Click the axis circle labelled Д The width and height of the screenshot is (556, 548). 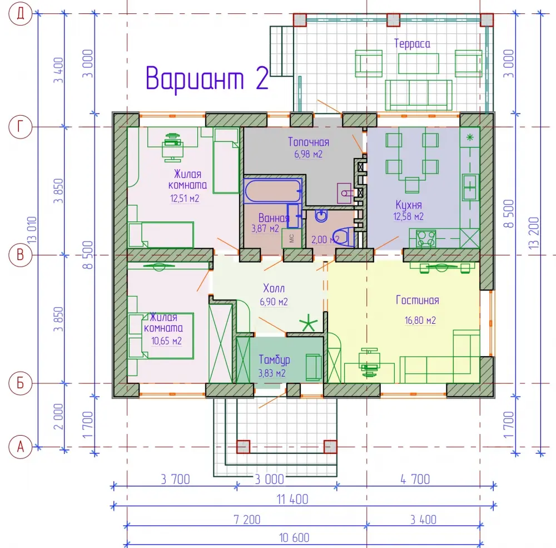coord(20,14)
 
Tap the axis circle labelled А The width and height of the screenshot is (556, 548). coord(20,447)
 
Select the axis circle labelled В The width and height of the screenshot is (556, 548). coord(20,255)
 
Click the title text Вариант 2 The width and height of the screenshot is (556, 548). coord(207,78)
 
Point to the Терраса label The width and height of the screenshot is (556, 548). coord(412,43)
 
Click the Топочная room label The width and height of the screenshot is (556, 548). coord(309,142)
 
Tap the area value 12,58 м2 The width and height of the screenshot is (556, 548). coord(409,216)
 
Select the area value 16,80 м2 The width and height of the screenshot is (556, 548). coord(420,320)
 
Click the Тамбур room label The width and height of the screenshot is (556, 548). coord(274,360)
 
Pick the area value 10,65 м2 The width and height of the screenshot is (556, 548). coord(166,341)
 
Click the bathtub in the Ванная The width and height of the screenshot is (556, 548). coord(272,191)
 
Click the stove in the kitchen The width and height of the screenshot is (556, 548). coord(425,238)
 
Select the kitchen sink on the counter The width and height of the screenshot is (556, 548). coord(470,187)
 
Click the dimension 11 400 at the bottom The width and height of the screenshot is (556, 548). coord(292,500)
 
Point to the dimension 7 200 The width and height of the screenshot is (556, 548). coord(247,520)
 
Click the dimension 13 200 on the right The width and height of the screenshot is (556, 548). coord(534,233)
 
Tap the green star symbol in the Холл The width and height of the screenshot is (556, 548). coord(308,323)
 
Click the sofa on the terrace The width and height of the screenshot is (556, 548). coord(419,95)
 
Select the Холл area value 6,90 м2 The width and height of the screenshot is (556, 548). coord(274,302)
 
